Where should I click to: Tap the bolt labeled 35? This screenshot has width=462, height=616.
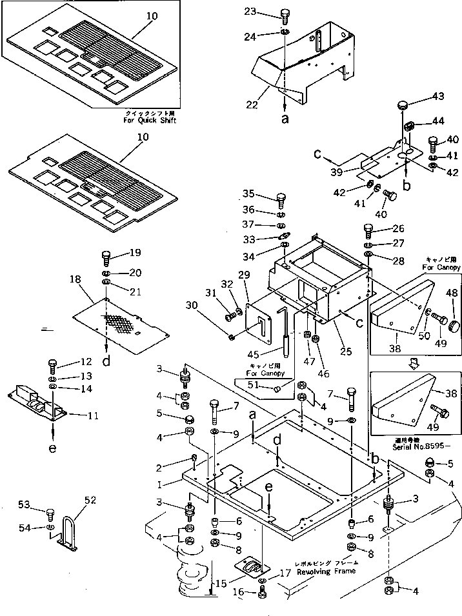point(281,197)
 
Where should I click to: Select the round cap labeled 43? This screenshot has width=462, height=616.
point(403,104)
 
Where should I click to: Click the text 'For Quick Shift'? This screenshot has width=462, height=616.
point(150,121)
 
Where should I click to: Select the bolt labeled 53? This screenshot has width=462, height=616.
point(50,513)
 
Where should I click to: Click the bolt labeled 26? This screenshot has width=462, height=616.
point(368,230)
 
